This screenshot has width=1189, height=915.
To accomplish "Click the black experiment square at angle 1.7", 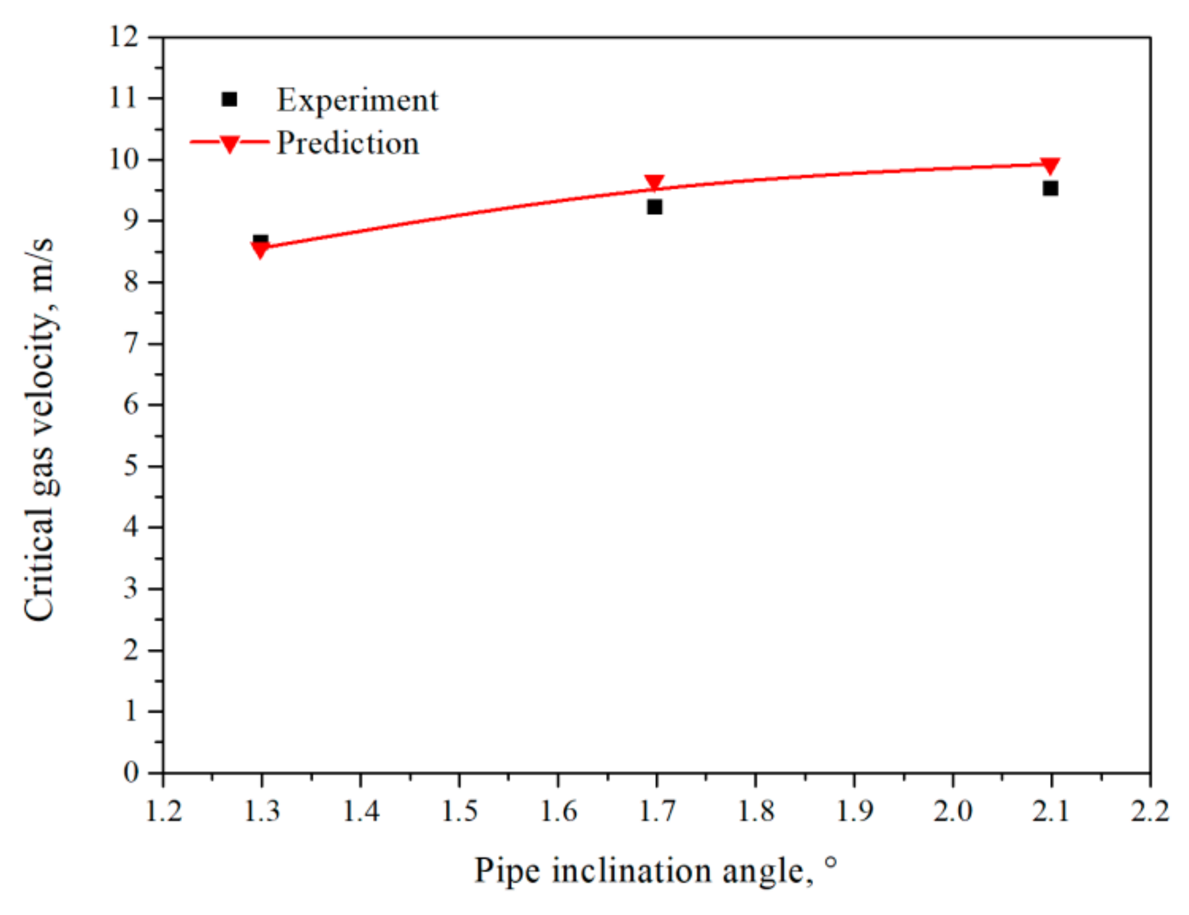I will (x=654, y=207).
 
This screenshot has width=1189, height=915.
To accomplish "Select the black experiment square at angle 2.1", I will (x=1050, y=188).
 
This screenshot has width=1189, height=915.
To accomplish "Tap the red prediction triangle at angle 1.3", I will (x=260, y=250).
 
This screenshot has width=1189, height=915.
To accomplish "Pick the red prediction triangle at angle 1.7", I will (x=654, y=182).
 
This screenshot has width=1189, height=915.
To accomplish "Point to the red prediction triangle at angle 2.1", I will (x=1050, y=165).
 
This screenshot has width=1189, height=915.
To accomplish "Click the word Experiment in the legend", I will (x=357, y=100).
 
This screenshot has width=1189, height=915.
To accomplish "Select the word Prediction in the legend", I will (x=347, y=143).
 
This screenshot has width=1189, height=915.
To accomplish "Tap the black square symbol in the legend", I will (x=229, y=100).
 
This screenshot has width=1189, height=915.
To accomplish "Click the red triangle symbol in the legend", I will (x=229, y=144).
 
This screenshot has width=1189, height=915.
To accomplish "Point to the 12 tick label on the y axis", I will (x=124, y=37).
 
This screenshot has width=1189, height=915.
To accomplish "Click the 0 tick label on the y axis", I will (x=131, y=772).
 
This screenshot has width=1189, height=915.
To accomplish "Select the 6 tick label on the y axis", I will (x=131, y=405).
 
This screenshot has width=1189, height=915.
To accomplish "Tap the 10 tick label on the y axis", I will (x=124, y=159).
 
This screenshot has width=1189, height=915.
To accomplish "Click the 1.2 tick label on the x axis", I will (x=163, y=811).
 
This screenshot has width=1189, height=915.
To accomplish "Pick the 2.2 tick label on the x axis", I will (x=1149, y=811).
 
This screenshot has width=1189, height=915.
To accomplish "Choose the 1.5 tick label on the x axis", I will (x=460, y=811).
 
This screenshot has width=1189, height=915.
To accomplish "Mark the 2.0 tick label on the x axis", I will (x=952, y=811).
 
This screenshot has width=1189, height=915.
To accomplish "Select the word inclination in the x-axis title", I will (x=631, y=871).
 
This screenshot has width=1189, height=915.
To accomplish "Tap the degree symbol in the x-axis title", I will (x=831, y=862).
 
